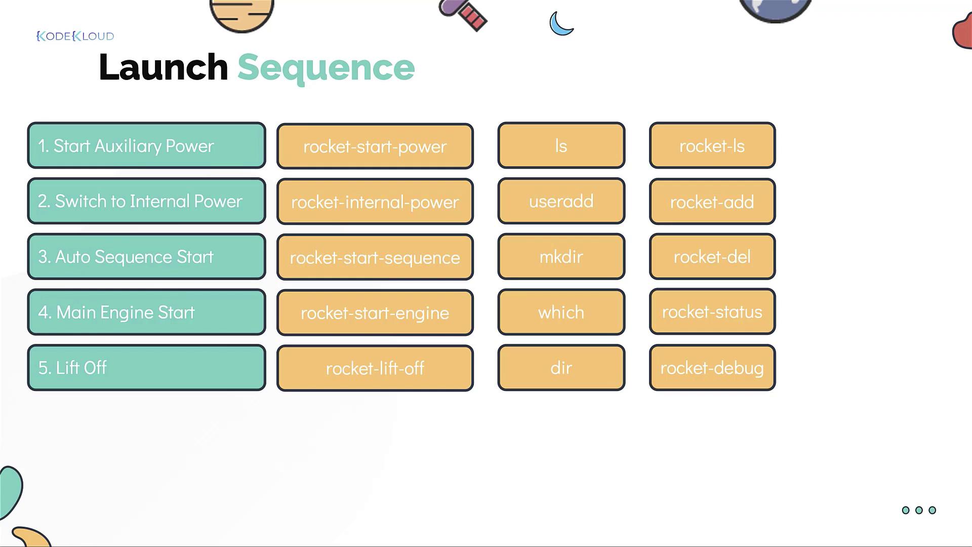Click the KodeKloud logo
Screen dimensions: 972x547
pos(75,36)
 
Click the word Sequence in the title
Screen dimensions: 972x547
pos(326,68)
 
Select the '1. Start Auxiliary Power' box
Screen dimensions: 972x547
pos(146,145)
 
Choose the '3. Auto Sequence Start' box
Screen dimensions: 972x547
pos(146,256)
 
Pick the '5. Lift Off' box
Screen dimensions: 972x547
pos(146,368)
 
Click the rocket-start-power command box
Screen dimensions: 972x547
pos(375,146)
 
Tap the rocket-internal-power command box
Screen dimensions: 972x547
pos(375,202)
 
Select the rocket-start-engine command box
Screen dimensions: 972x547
pos(375,312)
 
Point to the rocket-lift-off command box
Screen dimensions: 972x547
pos(375,368)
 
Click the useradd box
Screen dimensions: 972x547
pos(561,201)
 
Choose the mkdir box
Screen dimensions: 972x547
pos(561,256)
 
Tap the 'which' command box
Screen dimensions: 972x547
pos(561,312)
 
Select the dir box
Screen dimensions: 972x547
pos(561,368)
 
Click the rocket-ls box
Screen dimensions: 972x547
pos(712,145)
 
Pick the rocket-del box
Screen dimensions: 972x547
pos(712,256)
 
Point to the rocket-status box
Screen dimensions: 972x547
pos(712,311)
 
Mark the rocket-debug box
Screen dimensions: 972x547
pos(712,368)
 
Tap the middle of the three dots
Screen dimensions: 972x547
pos(919,510)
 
